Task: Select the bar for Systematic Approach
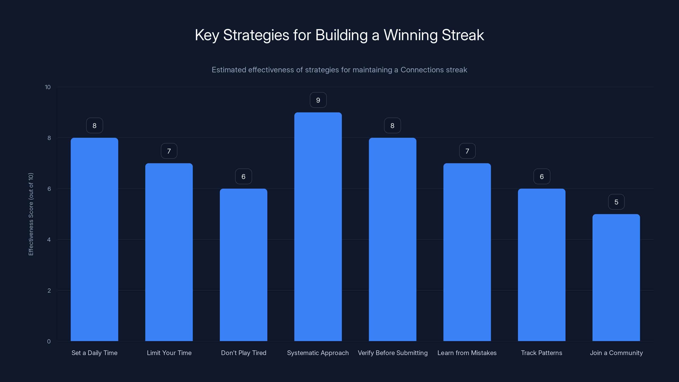pos(318,227)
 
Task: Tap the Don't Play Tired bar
pos(243,265)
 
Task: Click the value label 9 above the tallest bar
pos(318,100)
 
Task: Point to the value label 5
pos(616,202)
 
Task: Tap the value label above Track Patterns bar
pos(542,177)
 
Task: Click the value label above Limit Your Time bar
pos(169,151)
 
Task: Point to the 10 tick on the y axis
pos(48,87)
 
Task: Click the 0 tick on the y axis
pos(49,341)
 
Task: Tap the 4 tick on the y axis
pos(49,240)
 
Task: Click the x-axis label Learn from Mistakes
pos(467,353)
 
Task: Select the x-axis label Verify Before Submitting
pos(393,353)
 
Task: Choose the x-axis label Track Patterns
pos(542,353)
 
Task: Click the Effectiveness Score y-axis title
pos(31,214)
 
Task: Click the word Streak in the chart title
pos(463,35)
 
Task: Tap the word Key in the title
pos(207,35)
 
